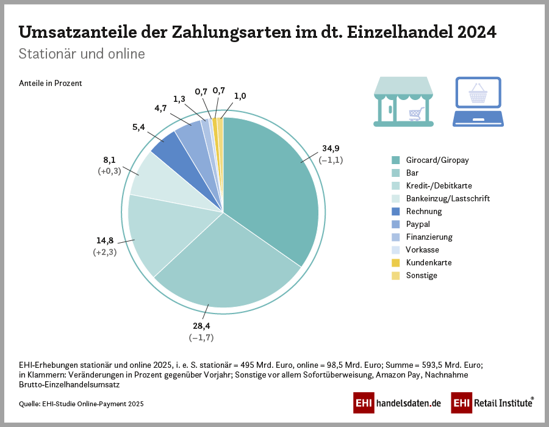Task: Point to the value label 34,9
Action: pyautogui.click(x=331, y=149)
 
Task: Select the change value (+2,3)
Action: pyautogui.click(x=105, y=252)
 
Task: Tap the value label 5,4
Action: pyautogui.click(x=138, y=127)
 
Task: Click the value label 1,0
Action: pyautogui.click(x=240, y=96)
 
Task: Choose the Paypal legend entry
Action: pyautogui.click(x=418, y=224)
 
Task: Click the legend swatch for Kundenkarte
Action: pyautogui.click(x=396, y=263)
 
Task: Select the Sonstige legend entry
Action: pyautogui.click(x=422, y=276)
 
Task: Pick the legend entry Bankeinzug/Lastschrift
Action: pyautogui.click(x=448, y=199)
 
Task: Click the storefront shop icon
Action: pyautogui.click(x=403, y=102)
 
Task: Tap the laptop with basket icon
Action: pyautogui.click(x=478, y=102)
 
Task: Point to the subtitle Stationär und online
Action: pyautogui.click(x=82, y=54)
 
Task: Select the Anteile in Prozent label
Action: pyautogui.click(x=50, y=83)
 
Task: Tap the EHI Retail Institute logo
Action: pyautogui.click(x=492, y=403)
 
